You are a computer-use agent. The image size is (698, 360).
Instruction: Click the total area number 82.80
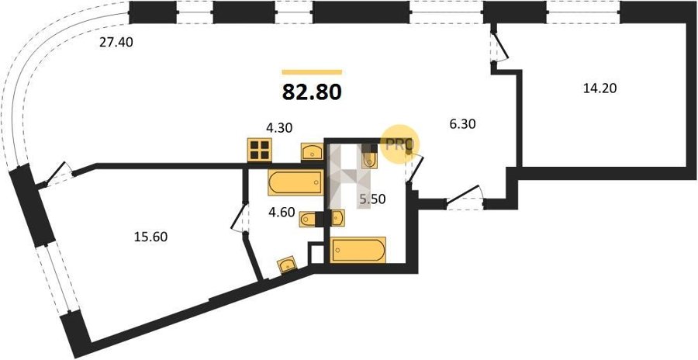click(x=312, y=92)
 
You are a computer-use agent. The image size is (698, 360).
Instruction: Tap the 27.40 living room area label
click(x=116, y=43)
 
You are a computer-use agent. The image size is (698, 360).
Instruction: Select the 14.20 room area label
click(x=600, y=88)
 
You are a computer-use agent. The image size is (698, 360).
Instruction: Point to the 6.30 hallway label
click(x=462, y=124)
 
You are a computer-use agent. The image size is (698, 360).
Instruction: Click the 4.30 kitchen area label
click(x=279, y=128)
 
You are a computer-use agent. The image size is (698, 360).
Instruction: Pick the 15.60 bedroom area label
click(x=151, y=237)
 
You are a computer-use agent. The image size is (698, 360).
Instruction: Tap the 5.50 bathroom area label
click(x=372, y=200)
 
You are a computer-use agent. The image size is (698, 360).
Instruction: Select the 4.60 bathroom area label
click(x=282, y=212)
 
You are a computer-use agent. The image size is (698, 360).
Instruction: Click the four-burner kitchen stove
click(x=260, y=150)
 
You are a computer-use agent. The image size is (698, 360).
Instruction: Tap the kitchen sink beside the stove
click(x=312, y=151)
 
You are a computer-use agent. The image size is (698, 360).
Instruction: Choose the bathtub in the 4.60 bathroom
click(x=295, y=182)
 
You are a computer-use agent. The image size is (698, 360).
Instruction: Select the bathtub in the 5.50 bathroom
click(x=358, y=250)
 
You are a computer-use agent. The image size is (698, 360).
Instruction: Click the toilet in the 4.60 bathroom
click(x=308, y=220)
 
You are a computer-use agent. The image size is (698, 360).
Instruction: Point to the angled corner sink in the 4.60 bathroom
click(x=287, y=265)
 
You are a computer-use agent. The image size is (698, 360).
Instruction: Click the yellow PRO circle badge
click(x=399, y=144)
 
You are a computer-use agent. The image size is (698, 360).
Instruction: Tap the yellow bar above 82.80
click(x=312, y=71)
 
